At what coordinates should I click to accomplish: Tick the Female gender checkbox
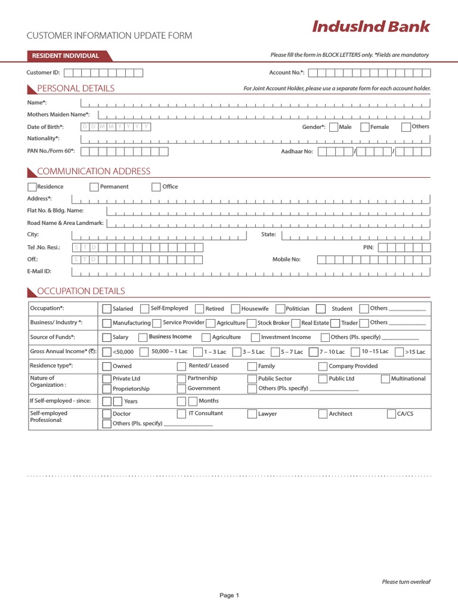365,127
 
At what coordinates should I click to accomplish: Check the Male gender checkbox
333,127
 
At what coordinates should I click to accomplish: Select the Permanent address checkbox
94,187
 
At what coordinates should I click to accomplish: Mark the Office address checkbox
156,187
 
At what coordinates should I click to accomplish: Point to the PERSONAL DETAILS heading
76,89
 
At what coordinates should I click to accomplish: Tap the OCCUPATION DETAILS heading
81,291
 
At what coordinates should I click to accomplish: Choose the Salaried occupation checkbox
107,309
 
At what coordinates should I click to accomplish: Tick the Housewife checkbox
236,309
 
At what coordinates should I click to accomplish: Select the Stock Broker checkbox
252,323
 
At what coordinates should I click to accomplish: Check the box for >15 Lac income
400,352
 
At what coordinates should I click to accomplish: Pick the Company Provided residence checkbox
323,366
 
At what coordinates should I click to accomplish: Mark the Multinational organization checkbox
386,379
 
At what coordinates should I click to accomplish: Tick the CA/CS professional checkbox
392,413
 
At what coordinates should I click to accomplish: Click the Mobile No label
287,260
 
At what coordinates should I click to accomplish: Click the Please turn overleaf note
406,582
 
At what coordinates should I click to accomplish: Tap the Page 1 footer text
229,595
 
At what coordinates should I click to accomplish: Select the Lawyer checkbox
252,413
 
